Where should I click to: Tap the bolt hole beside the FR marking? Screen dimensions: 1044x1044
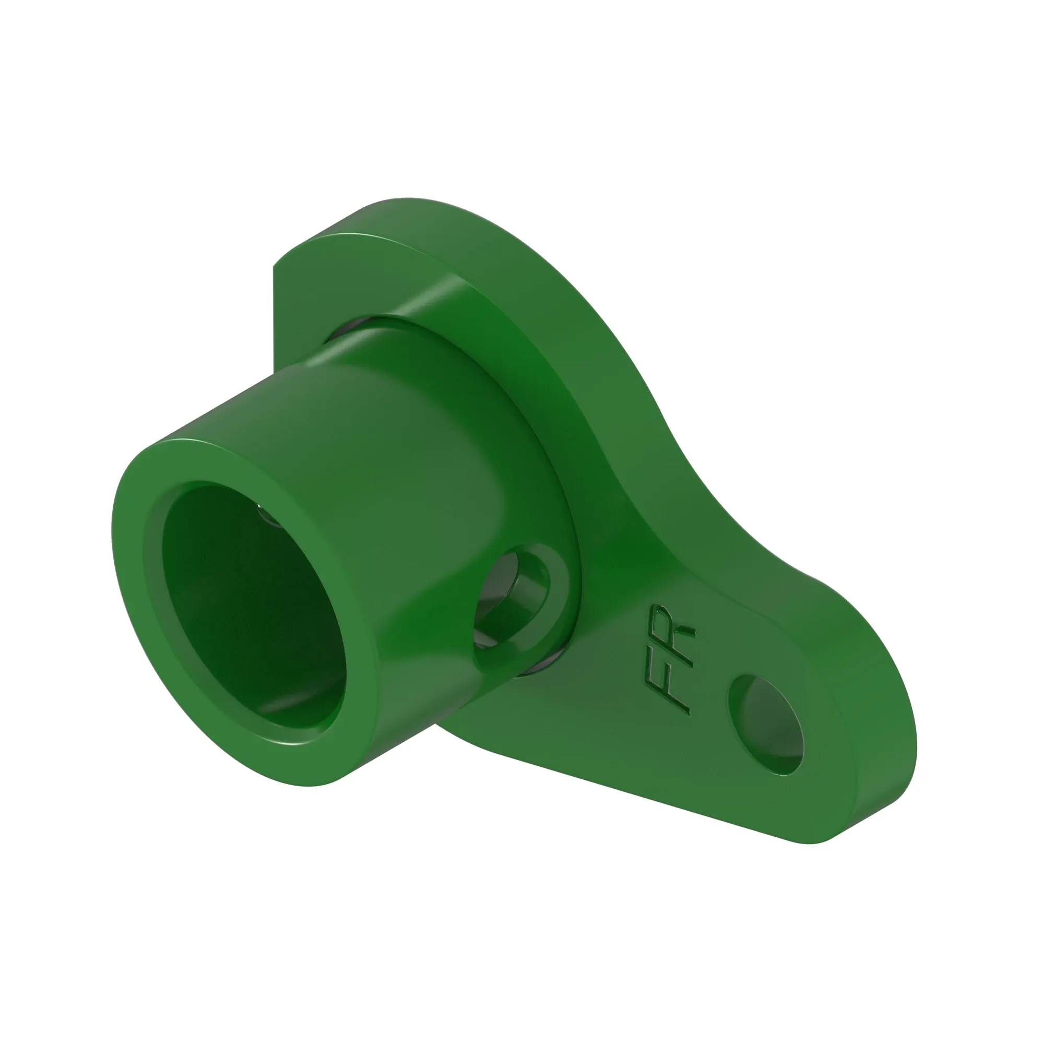point(766,724)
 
